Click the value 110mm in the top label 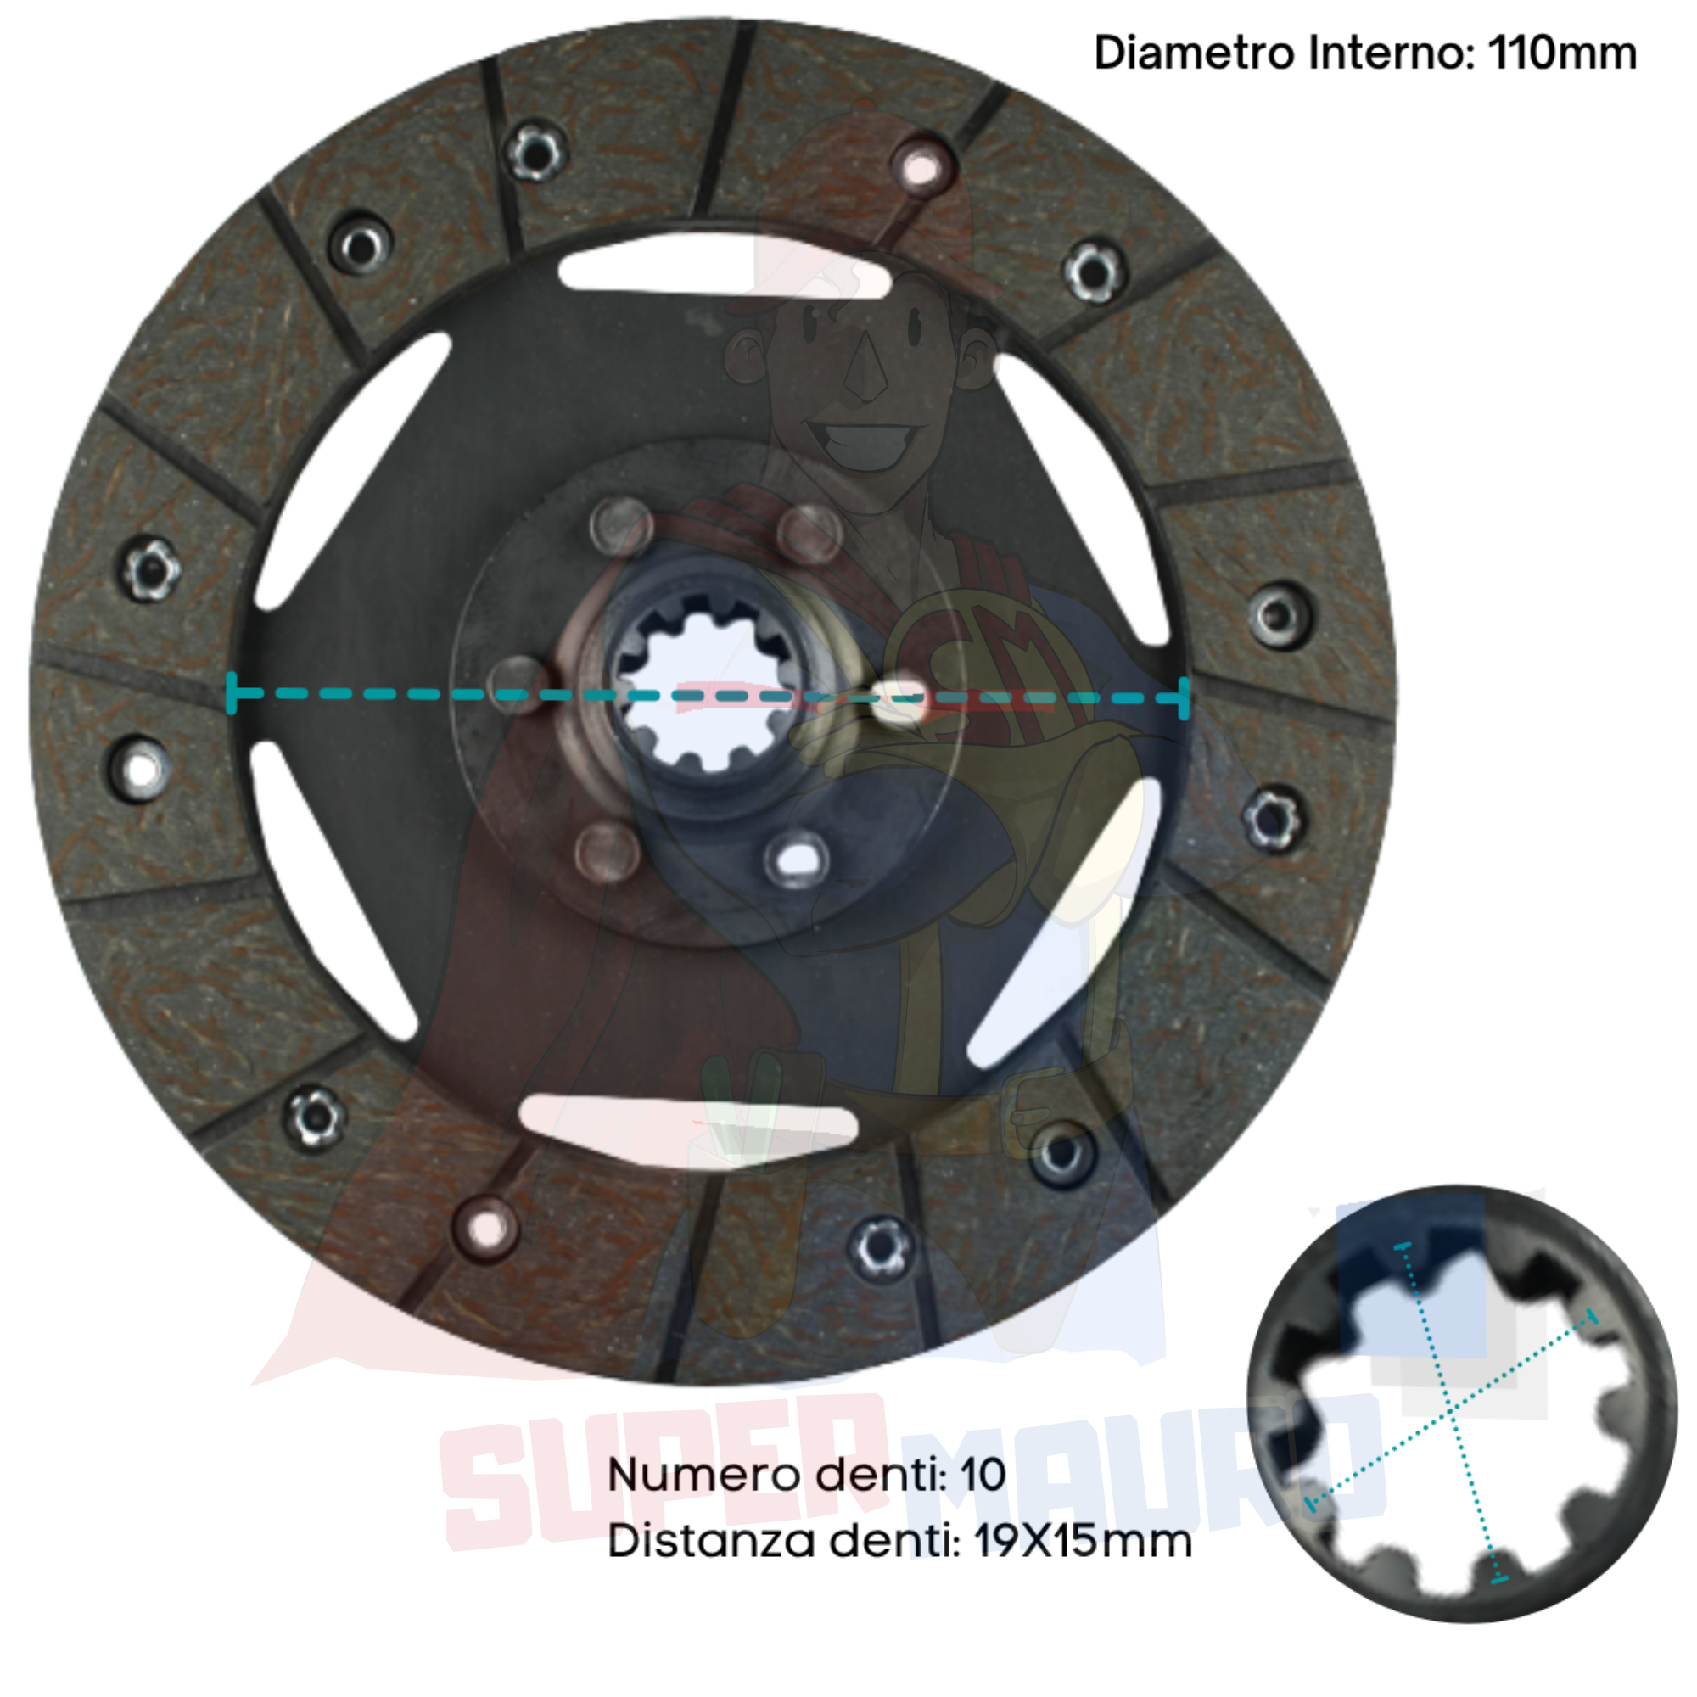[1562, 53]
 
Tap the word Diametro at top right [1195, 53]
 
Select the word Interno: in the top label [1392, 53]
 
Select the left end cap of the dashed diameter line [232, 693]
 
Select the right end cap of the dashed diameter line [1184, 699]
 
